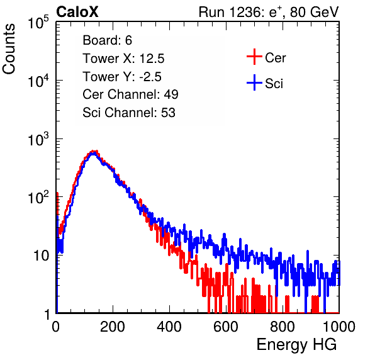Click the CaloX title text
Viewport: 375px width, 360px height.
[77, 12]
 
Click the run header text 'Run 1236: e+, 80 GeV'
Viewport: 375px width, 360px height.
[269, 12]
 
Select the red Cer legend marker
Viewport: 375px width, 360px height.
[254, 57]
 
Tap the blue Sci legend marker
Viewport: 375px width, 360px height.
[254, 82]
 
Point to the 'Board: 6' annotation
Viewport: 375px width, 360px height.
[107, 40]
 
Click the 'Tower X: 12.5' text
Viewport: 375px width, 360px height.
[123, 59]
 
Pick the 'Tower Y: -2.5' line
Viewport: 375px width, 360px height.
[122, 77]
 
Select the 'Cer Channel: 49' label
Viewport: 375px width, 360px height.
[130, 94]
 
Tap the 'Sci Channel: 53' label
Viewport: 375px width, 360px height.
[129, 113]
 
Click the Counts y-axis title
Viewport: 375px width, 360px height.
[9, 49]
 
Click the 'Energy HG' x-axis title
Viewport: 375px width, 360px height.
[297, 345]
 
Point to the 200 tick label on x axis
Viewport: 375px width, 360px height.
[113, 327]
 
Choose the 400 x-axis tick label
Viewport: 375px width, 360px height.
[169, 327]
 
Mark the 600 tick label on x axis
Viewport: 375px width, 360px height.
[226, 327]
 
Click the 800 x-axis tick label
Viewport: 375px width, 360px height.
[283, 327]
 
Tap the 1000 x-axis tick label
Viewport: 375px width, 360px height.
[339, 327]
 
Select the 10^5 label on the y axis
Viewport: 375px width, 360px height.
[38, 23]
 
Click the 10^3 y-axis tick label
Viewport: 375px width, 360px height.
[38, 139]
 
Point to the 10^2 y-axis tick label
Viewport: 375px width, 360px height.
[38, 198]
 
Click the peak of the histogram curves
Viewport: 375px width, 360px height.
[94, 152]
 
